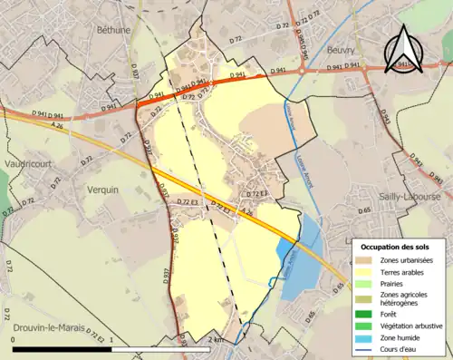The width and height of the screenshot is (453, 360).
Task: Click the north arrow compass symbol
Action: coord(407,48)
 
